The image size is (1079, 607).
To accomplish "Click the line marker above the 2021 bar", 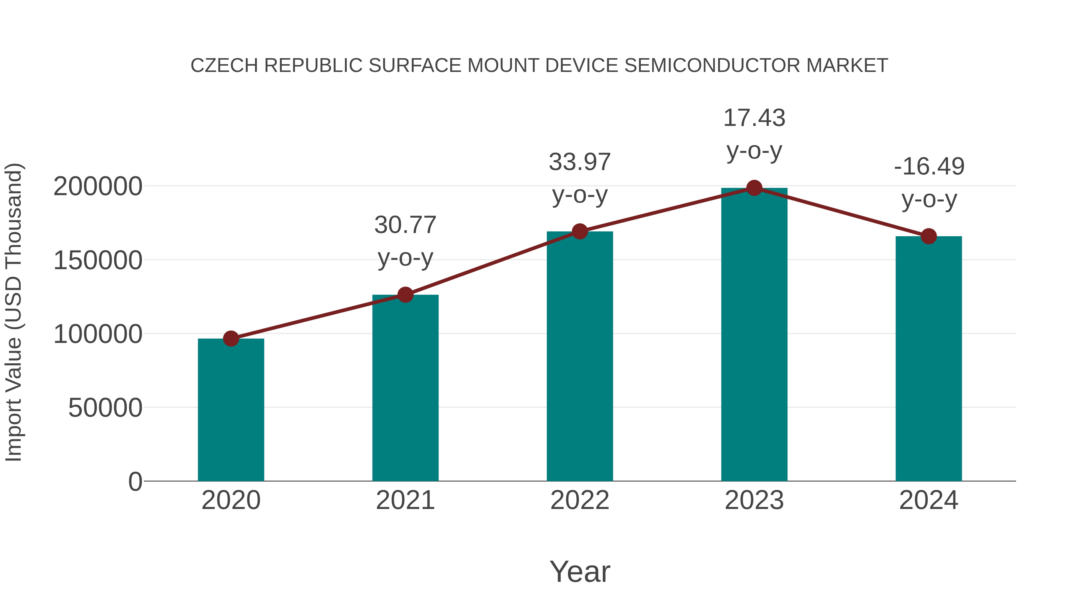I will [x=405, y=295].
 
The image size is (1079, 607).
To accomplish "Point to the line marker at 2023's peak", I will [x=754, y=188].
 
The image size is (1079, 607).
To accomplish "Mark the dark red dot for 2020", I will [x=231, y=338].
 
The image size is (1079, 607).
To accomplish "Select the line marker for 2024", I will [x=929, y=236].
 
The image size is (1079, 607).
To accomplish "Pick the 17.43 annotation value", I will [x=754, y=118].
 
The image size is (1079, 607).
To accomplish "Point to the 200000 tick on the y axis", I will [x=98, y=186].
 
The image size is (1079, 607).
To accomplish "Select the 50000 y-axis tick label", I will [x=105, y=408].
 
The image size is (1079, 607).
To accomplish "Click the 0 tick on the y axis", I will [x=135, y=482].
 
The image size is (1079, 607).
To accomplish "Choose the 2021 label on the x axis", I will [x=405, y=500].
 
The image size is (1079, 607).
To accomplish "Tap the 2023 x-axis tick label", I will [x=754, y=500].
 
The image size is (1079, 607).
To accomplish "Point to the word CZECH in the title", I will [x=224, y=66].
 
